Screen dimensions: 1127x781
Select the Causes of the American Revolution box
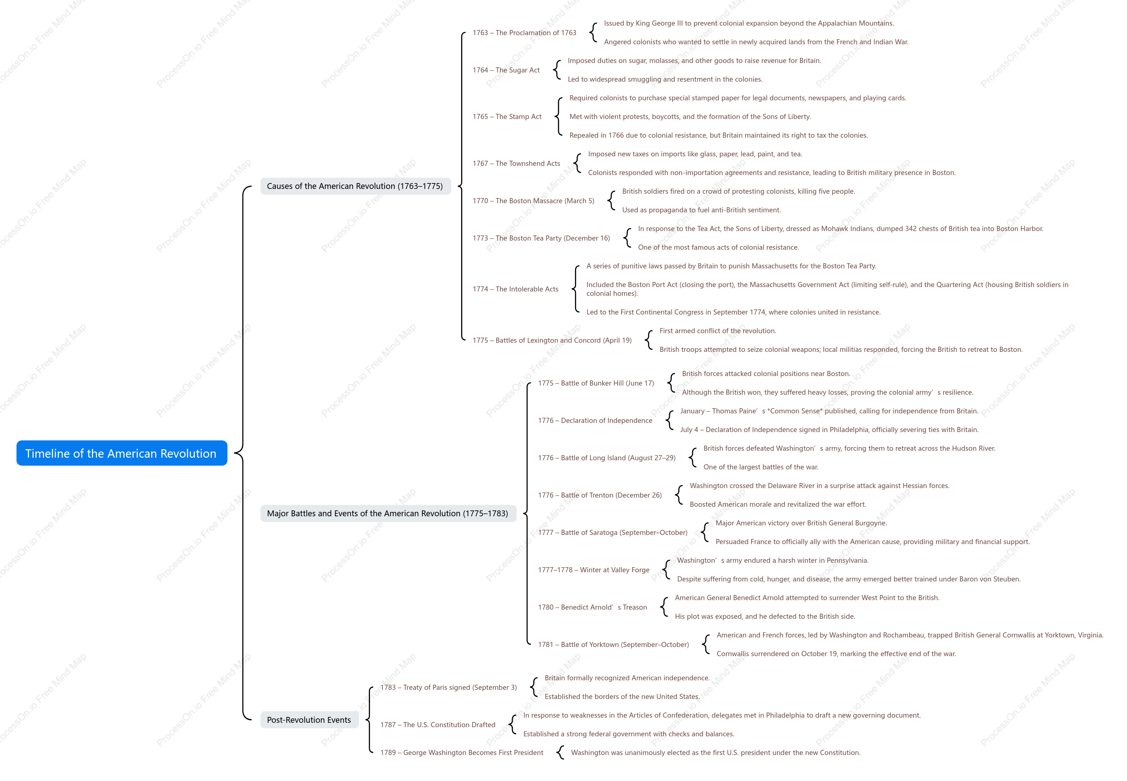point(355,186)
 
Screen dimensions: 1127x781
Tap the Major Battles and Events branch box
point(388,513)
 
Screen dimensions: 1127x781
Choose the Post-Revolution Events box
point(309,720)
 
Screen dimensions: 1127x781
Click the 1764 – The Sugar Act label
point(506,70)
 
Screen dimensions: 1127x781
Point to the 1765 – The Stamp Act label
point(507,116)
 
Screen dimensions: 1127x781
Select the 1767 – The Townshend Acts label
point(516,163)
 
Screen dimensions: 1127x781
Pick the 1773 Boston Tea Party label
point(541,238)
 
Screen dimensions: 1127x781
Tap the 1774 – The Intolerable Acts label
point(515,289)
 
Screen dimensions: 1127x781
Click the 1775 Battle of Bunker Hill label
point(596,383)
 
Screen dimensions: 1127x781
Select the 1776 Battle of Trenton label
point(600,495)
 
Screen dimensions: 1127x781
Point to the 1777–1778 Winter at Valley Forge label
point(594,570)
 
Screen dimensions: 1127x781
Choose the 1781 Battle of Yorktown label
point(613,644)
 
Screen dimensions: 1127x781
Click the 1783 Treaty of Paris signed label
point(449,688)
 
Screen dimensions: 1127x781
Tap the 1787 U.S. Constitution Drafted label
point(438,725)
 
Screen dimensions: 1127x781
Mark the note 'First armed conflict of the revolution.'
point(718,331)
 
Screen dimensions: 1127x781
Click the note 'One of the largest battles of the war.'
point(761,467)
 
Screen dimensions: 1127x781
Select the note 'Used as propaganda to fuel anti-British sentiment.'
point(702,210)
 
